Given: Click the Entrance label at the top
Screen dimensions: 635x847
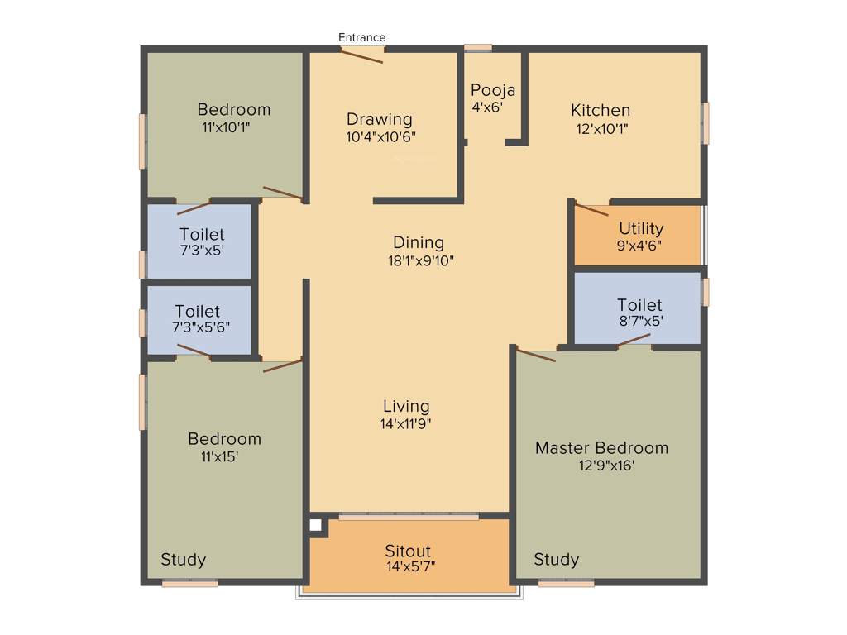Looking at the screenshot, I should [361, 37].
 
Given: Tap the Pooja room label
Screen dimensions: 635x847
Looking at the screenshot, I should [493, 90].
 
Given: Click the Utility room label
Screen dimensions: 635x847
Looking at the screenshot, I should [641, 228].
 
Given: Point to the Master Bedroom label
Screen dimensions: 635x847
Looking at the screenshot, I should [601, 447].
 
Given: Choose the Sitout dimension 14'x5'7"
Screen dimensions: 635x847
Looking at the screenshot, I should [409, 566].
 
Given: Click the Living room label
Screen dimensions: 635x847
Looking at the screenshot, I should [406, 406].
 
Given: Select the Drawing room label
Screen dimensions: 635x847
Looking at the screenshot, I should [379, 119].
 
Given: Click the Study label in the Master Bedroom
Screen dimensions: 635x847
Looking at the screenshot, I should [556, 560].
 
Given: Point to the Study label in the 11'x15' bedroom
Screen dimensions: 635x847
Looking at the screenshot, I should [183, 560].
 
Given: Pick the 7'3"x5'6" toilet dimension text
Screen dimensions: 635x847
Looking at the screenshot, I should [200, 327].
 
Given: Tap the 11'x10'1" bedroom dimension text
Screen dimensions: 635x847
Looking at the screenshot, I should [226, 127].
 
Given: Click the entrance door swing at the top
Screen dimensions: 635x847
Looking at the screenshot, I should [362, 55].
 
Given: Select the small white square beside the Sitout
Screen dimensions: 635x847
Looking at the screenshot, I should [315, 524].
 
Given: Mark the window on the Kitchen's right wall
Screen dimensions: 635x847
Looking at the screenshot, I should [706, 123].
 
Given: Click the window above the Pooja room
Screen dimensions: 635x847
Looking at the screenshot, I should [477, 47].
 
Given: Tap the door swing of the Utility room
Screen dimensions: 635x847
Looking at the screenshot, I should [591, 209].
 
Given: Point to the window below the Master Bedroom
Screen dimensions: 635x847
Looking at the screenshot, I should [566, 584].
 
